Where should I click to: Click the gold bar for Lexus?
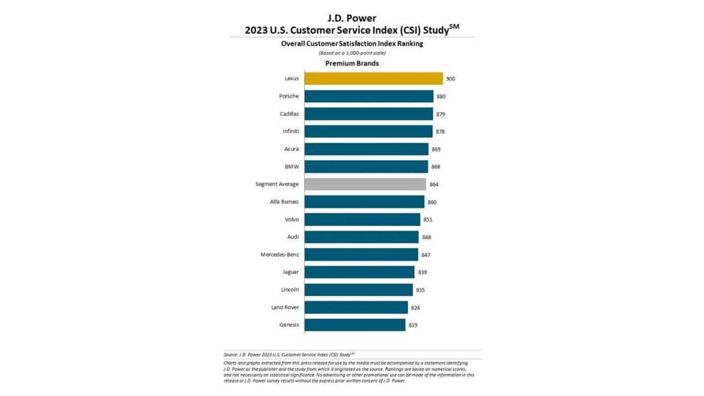click(x=373, y=79)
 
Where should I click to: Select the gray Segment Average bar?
click(x=365, y=184)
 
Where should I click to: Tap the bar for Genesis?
click(x=355, y=325)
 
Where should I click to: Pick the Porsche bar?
click(x=369, y=96)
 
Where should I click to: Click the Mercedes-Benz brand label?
click(x=279, y=255)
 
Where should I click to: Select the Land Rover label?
click(x=285, y=307)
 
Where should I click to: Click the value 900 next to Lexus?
click(x=450, y=79)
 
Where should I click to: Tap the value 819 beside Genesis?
click(x=413, y=325)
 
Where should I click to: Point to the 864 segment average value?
click(x=434, y=184)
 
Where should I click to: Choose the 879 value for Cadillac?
click(x=440, y=114)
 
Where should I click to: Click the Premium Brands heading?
click(x=352, y=63)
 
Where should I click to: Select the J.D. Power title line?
click(x=352, y=18)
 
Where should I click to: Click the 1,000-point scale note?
click(x=352, y=53)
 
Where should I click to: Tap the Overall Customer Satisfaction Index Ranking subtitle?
click(x=352, y=43)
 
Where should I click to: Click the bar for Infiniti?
click(x=369, y=131)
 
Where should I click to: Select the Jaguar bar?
click(x=359, y=272)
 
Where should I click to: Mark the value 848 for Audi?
click(x=426, y=237)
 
